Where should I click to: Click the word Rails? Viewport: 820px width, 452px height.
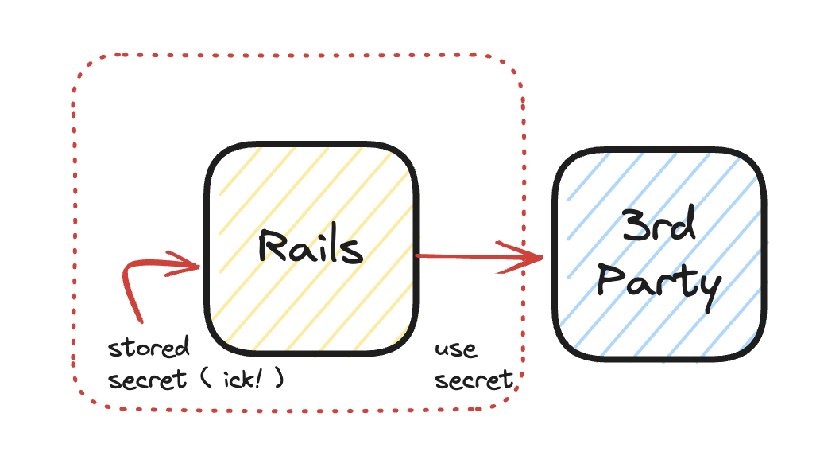(310, 247)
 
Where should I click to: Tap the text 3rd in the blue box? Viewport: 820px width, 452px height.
(659, 228)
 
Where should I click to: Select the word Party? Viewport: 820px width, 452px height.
(659, 282)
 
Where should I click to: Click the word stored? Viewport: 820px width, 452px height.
(149, 348)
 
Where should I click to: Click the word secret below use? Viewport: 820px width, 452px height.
(474, 380)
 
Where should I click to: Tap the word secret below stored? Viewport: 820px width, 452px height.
(147, 379)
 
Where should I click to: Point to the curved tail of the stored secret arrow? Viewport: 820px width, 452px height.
(130, 286)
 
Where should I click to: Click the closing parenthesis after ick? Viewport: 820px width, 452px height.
(279, 380)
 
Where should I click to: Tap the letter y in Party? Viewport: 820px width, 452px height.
(707, 288)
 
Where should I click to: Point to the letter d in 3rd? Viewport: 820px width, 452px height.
(683, 227)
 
